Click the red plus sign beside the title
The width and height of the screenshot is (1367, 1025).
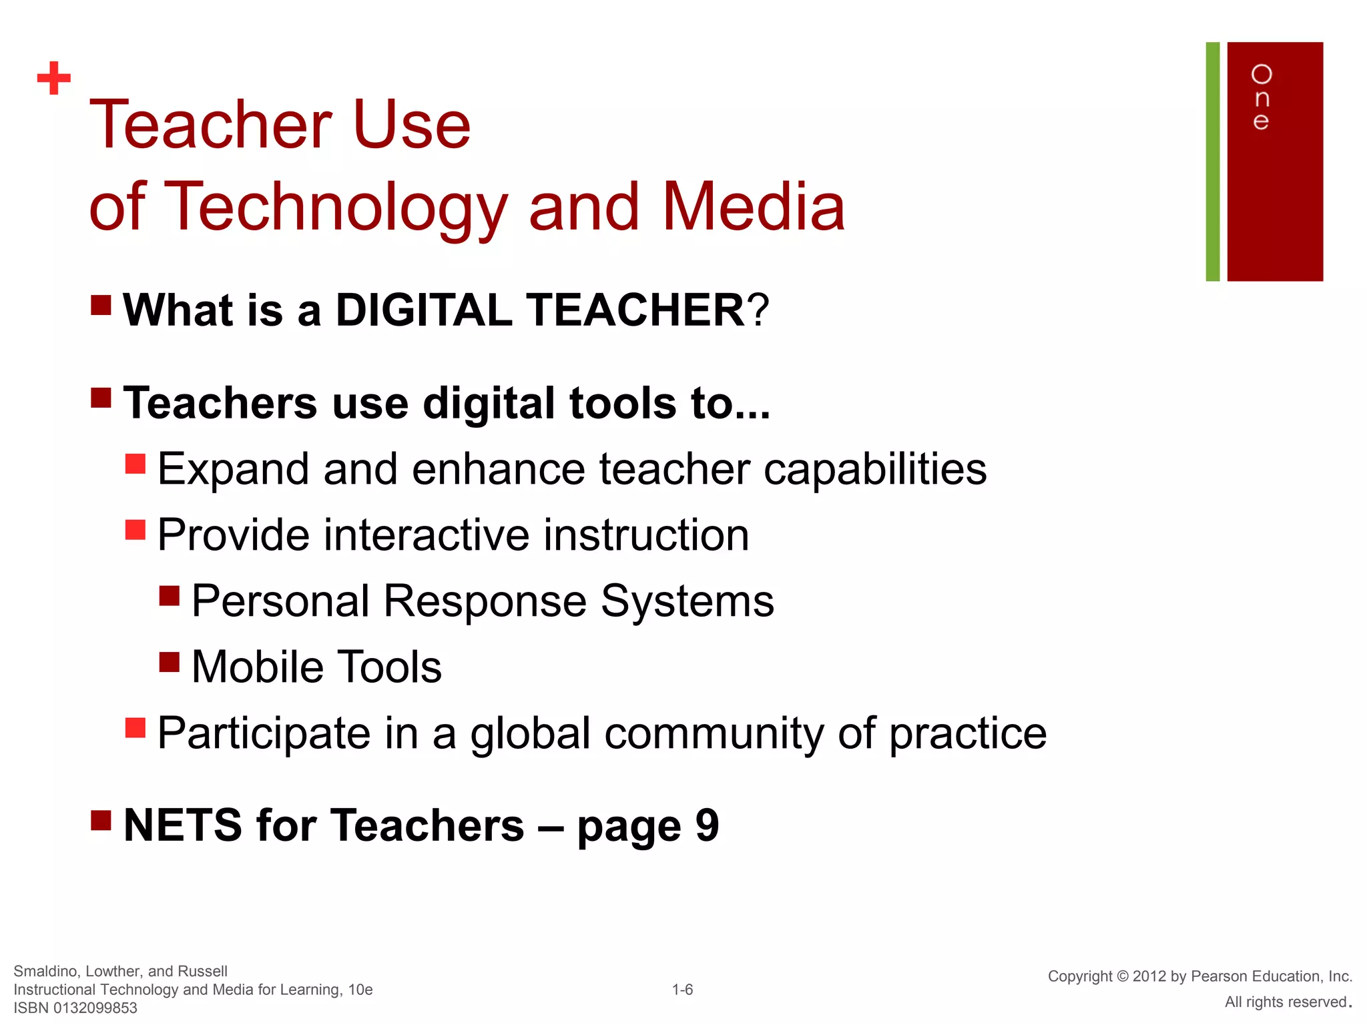[54, 79]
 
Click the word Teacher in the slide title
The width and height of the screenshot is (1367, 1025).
[210, 125]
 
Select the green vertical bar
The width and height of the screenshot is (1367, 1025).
[1212, 161]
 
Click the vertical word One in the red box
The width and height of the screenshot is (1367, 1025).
[1261, 97]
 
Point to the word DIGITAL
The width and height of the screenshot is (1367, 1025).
[423, 310]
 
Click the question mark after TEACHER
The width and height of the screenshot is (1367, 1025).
[758, 310]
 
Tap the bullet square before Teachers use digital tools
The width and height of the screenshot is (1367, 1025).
[101, 398]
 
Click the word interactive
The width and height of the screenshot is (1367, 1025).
[427, 535]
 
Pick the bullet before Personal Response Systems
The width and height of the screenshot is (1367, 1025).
[170, 595]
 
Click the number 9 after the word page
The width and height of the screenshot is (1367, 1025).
[707, 825]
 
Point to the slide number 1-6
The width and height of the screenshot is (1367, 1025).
[682, 990]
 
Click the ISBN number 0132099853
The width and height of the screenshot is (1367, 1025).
[95, 1008]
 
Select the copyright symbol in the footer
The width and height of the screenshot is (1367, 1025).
[1121, 976]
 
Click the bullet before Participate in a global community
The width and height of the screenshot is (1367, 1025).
[135, 727]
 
